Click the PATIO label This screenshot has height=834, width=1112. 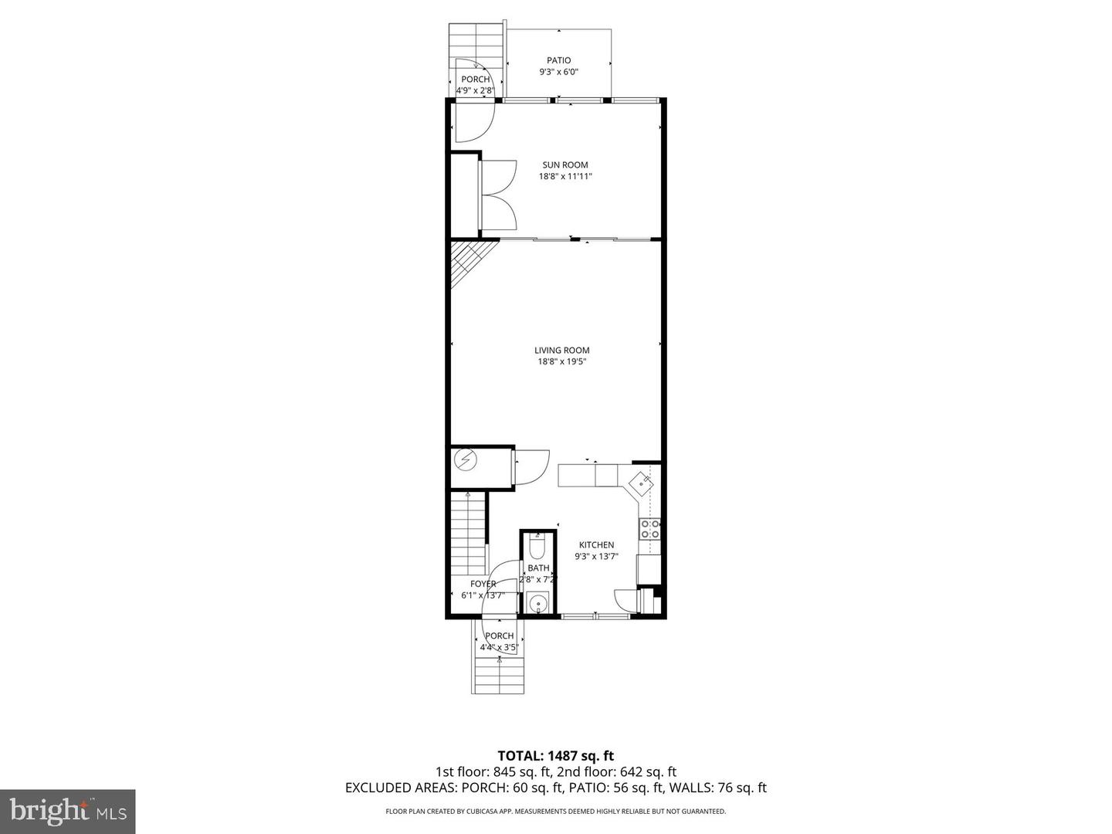558,60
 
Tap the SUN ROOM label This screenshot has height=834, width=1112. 564,164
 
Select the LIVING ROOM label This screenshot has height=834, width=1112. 561,350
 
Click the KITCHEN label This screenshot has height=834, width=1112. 596,545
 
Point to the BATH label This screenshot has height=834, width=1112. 538,568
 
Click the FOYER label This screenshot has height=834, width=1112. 483,584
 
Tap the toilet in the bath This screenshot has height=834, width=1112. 538,548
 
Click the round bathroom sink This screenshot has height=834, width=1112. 537,602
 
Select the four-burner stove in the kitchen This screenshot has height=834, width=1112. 649,529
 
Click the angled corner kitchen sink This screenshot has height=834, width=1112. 641,483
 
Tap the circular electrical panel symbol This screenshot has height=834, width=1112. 466,461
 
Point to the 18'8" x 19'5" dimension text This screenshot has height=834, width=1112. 561,361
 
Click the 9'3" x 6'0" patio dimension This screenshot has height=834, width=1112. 558,72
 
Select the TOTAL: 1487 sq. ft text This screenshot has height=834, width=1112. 555,755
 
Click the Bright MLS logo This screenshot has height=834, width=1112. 67,811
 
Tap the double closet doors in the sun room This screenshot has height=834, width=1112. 499,195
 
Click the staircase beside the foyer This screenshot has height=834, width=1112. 469,533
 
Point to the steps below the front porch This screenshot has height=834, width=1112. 500,675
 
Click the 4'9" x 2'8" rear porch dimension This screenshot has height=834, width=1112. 474,90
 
